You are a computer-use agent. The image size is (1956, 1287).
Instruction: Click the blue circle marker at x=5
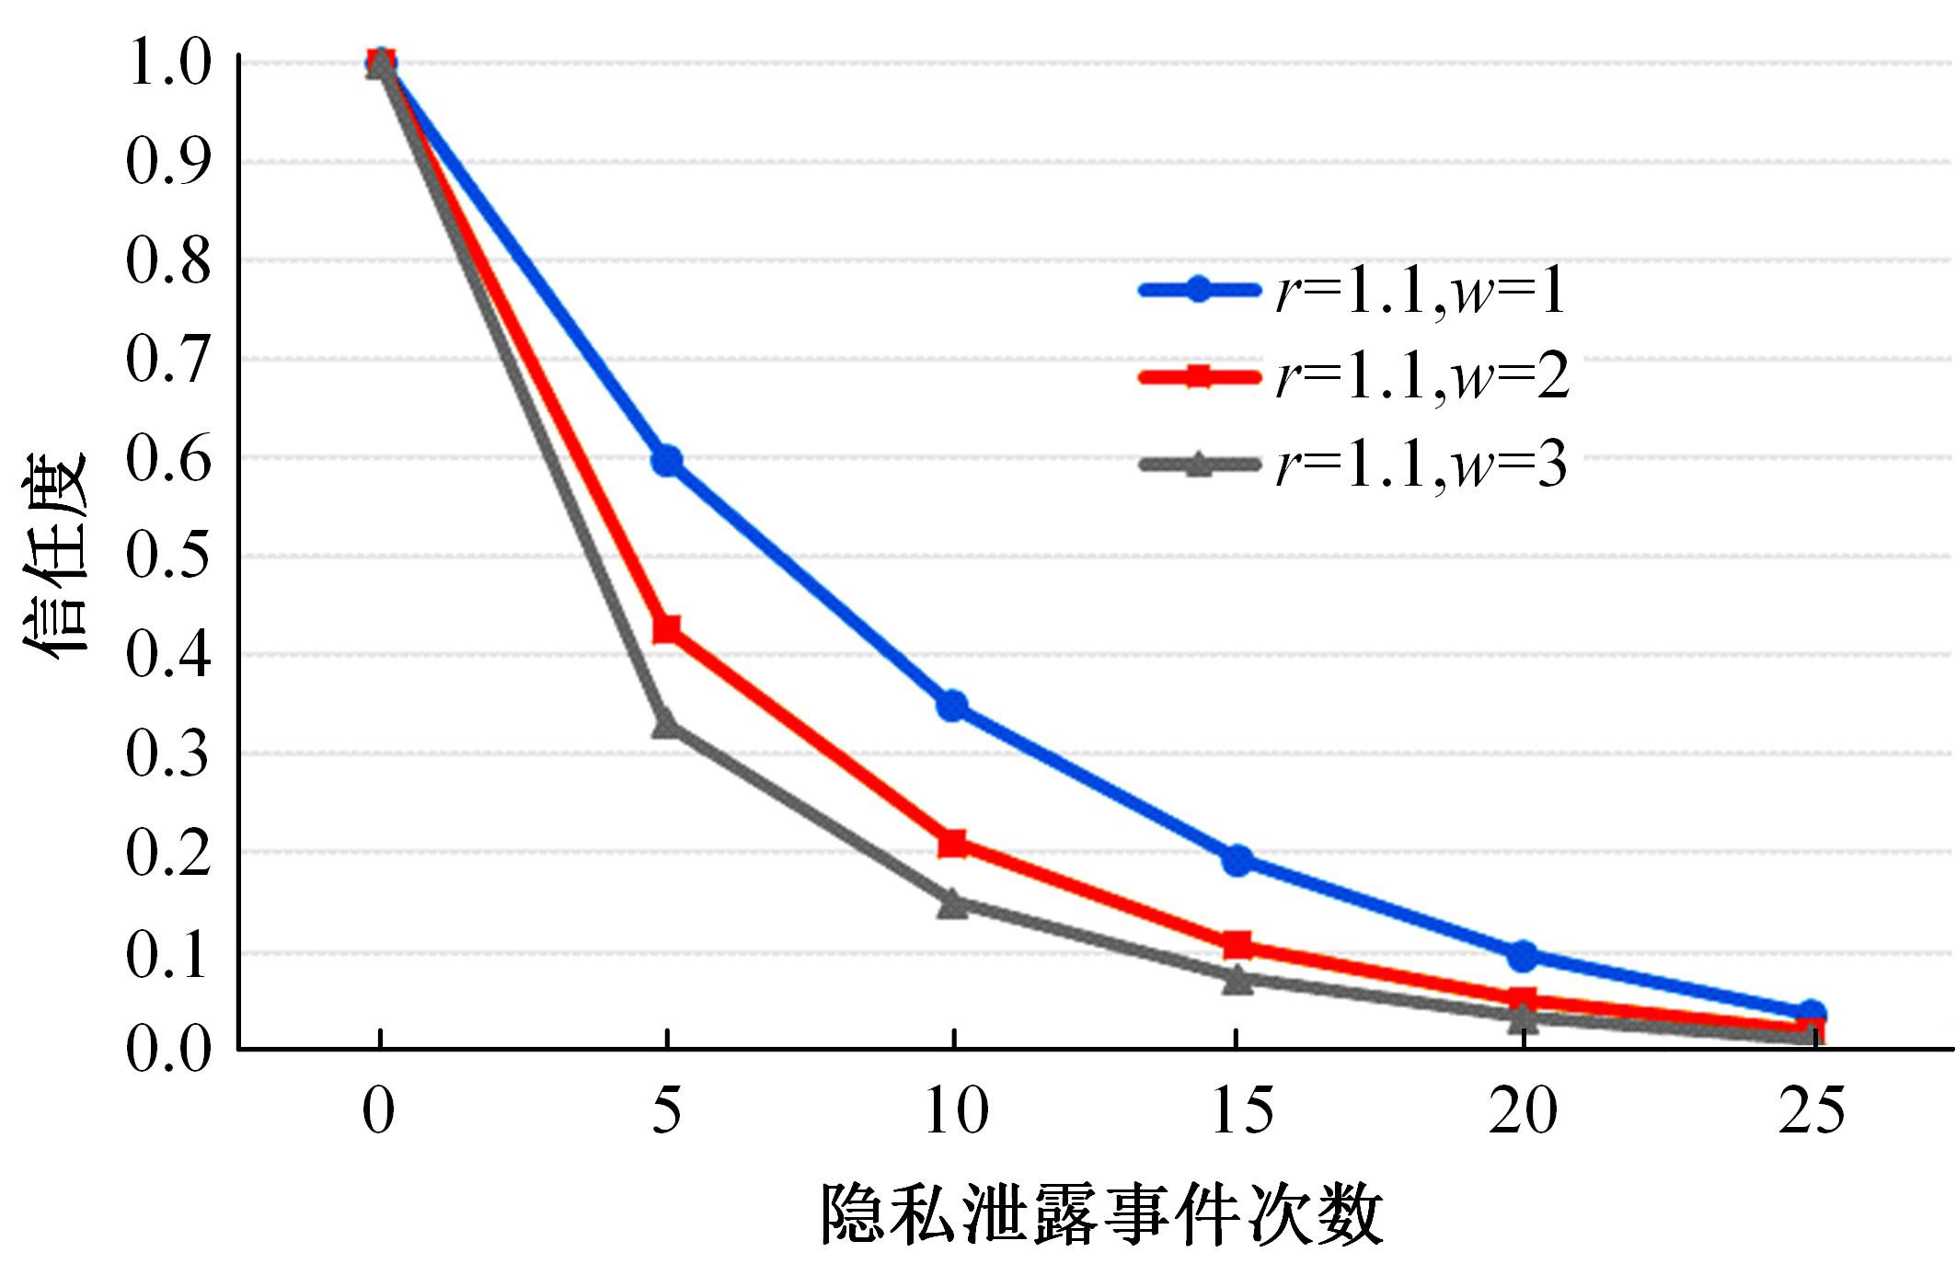click(667, 460)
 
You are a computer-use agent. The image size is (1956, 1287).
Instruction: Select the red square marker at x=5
click(666, 630)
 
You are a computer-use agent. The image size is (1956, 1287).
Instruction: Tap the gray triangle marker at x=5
click(666, 725)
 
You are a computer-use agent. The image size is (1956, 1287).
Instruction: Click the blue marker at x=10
click(952, 706)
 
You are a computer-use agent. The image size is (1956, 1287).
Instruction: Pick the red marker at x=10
click(952, 843)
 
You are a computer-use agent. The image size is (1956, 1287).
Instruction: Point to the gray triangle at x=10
click(953, 903)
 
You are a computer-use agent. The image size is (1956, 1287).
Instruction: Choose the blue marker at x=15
click(1237, 860)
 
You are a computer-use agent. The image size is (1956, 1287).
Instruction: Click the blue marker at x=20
click(1523, 956)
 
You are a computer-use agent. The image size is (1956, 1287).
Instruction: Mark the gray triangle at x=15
click(1237, 980)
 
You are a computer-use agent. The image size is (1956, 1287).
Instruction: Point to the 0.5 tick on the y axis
click(168, 556)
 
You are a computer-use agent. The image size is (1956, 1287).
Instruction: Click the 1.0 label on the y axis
click(168, 63)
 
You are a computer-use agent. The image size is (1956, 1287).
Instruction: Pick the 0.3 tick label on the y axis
click(168, 753)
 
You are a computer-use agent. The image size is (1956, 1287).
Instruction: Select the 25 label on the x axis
click(1811, 1110)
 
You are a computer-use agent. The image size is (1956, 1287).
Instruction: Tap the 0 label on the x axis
click(378, 1110)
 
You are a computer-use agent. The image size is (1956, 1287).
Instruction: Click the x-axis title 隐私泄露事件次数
click(1101, 1215)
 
